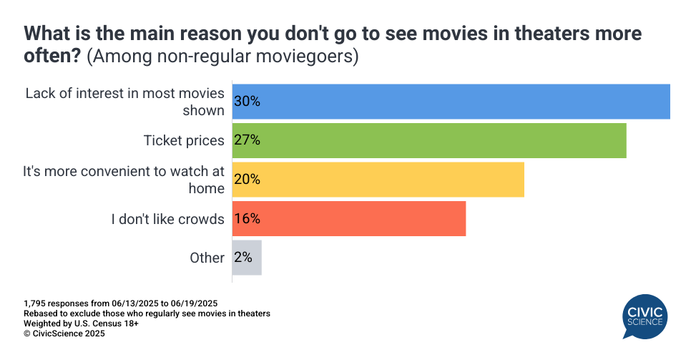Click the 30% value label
coord(247,102)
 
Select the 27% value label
coord(247,140)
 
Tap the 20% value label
coord(247,179)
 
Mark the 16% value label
coord(247,218)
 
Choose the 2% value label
coord(242,258)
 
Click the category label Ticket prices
coord(184,140)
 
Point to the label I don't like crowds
coord(167,219)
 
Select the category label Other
coord(207,258)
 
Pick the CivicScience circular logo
coord(645,317)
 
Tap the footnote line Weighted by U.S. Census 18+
coord(81,323)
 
